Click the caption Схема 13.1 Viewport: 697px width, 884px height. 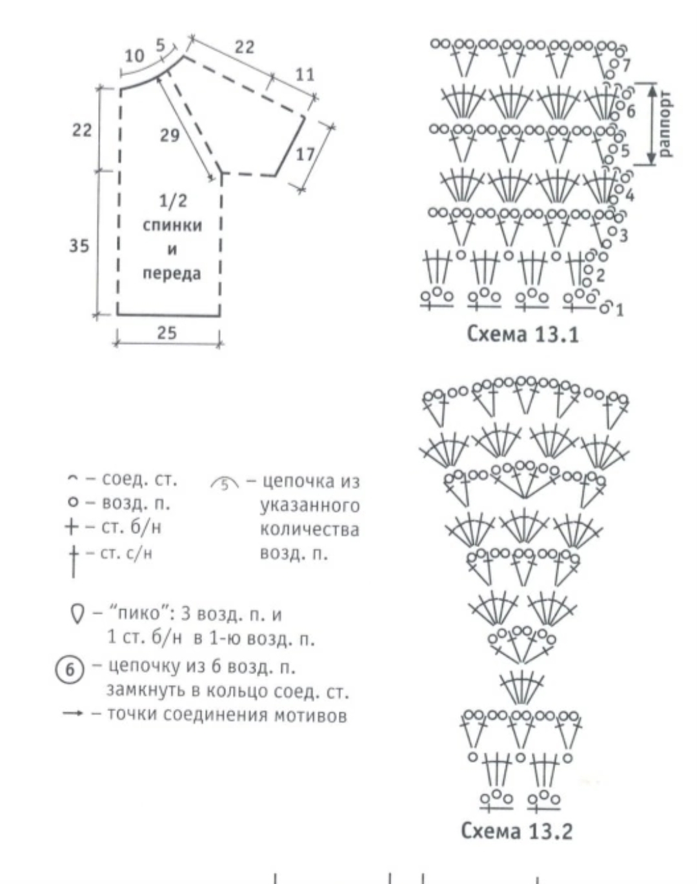523,334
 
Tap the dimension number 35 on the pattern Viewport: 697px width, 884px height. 79,246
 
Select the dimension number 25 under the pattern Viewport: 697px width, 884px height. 167,333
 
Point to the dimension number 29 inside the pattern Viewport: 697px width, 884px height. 170,135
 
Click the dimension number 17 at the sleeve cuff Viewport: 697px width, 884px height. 305,155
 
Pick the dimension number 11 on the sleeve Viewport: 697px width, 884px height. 305,75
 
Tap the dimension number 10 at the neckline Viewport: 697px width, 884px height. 135,56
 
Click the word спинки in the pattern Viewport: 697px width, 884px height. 172,225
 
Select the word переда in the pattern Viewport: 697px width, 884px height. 172,274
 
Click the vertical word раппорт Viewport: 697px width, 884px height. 665,123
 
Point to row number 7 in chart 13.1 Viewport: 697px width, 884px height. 625,66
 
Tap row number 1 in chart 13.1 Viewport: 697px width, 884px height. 620,310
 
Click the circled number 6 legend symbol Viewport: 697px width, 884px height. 70,670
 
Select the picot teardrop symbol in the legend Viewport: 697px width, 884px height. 76,614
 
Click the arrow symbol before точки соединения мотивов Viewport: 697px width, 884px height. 73,714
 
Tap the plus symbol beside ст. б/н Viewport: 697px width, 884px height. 72,527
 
